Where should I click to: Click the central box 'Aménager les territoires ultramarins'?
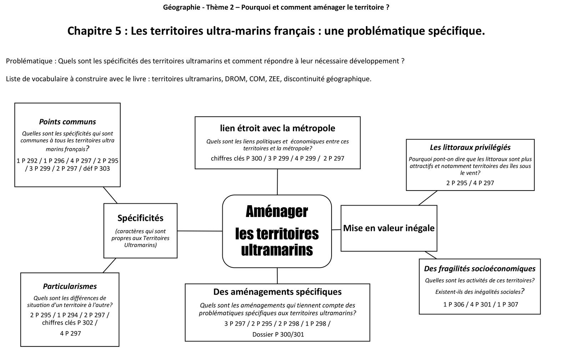(277, 231)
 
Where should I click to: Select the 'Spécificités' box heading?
(140, 218)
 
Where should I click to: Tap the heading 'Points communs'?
(67, 122)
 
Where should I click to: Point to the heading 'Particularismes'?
(70, 286)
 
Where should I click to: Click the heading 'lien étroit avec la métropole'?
(277, 128)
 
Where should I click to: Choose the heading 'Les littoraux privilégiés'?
(470, 147)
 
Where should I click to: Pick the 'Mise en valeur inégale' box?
(389, 228)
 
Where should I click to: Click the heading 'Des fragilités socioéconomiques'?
(480, 269)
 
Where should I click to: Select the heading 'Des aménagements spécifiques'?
(277, 292)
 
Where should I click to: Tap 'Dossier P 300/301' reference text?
(278, 334)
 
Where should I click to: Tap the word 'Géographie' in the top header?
(181, 7)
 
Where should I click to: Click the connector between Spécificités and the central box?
(200, 231)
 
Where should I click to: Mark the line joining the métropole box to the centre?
(277, 182)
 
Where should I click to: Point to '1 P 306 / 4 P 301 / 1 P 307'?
(480, 304)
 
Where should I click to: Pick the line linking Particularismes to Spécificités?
(110, 265)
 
